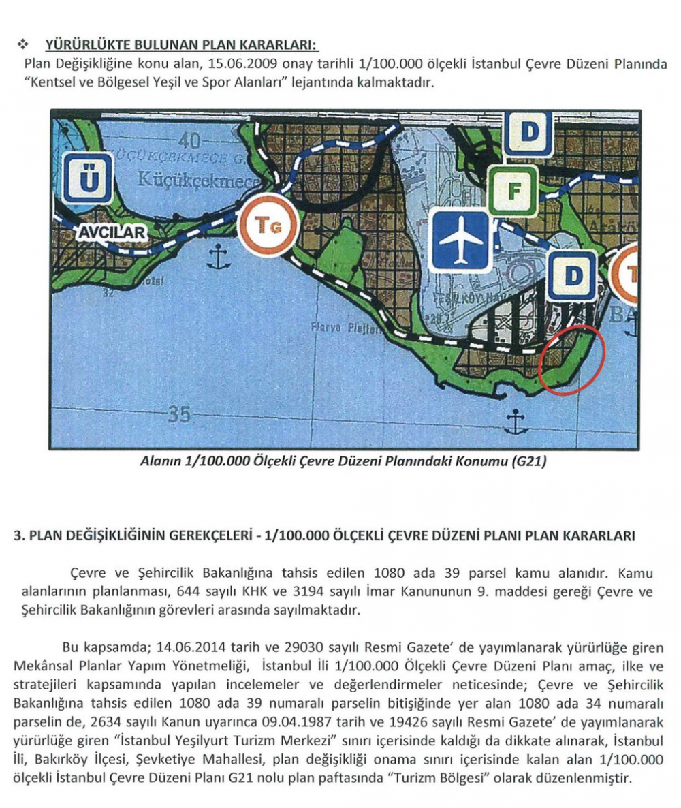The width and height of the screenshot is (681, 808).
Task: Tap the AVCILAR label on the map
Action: coord(112,233)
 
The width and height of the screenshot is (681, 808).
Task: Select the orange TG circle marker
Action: coord(268,224)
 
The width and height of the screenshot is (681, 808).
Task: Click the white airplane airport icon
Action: coord(461,239)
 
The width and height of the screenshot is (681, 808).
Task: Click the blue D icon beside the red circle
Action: coord(572,276)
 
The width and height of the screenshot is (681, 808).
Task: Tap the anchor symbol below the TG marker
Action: coord(217,257)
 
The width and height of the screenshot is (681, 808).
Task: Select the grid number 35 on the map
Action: coord(178,415)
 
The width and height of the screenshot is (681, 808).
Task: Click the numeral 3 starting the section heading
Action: coord(18,535)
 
